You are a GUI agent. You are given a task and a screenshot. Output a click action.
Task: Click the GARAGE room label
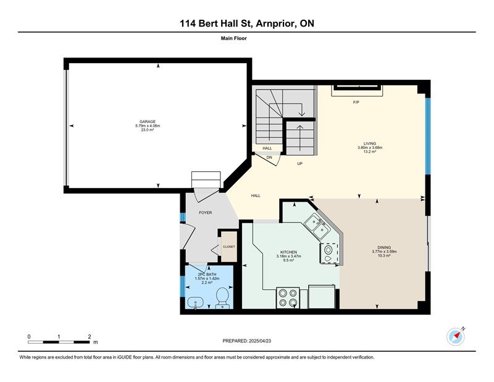click(148, 121)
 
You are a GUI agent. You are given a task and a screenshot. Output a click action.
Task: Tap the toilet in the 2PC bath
click(222, 298)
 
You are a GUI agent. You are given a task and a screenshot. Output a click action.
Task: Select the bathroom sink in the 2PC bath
click(195, 303)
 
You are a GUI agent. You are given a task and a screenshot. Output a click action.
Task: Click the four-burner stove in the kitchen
click(288, 297)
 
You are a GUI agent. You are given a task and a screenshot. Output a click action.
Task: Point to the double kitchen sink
click(318, 226)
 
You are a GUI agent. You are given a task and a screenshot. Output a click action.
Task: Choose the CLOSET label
click(228, 247)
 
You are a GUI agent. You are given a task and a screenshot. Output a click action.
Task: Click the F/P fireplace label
click(356, 102)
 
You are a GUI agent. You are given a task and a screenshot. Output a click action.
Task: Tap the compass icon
click(456, 337)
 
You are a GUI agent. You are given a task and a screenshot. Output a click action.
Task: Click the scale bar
click(59, 342)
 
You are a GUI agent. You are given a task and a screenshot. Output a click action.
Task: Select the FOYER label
click(206, 213)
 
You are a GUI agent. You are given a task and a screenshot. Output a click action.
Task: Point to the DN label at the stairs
click(269, 158)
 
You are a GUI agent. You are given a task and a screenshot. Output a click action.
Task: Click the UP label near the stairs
click(299, 164)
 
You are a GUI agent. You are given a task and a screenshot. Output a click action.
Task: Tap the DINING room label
click(384, 247)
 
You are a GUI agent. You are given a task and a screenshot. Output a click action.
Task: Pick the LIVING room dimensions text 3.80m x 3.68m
click(370, 148)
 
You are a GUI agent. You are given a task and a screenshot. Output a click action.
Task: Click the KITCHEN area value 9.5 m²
click(288, 261)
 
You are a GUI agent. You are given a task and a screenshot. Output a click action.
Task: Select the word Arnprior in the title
click(275, 23)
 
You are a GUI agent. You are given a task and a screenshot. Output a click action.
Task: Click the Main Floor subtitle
click(234, 38)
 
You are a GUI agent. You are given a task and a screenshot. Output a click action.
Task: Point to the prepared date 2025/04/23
click(260, 341)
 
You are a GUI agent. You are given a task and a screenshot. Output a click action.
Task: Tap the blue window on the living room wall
click(428, 136)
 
